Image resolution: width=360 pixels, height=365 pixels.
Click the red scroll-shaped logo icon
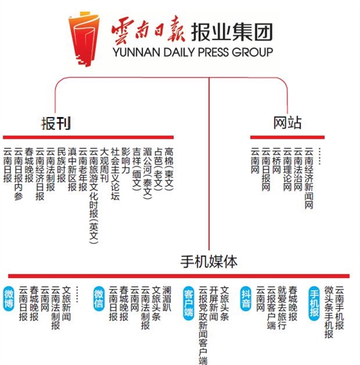click(x=84, y=39)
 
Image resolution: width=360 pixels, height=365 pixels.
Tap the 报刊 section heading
click(x=56, y=123)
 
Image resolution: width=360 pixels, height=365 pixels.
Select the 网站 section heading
click(x=287, y=122)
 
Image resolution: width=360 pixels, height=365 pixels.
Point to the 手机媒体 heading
click(x=209, y=261)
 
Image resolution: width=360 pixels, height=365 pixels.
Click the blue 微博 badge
click(x=9, y=299)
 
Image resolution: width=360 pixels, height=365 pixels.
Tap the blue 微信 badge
click(x=99, y=299)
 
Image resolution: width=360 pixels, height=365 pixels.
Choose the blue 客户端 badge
click(x=189, y=303)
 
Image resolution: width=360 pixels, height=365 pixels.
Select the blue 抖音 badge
click(x=245, y=299)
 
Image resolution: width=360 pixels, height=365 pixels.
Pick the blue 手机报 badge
click(x=314, y=303)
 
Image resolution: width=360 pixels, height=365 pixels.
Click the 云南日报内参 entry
click(x=18, y=174)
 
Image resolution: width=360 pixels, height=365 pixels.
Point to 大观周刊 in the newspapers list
click(x=104, y=165)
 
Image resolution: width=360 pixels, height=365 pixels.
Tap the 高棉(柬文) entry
click(x=169, y=169)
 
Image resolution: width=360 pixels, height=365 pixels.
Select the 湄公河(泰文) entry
click(x=147, y=173)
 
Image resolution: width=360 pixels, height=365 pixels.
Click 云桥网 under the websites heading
click(x=276, y=161)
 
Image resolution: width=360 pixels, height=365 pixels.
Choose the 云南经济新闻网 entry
click(x=309, y=178)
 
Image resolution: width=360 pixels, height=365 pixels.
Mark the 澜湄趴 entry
click(x=167, y=299)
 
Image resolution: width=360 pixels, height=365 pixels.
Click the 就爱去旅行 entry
click(x=282, y=307)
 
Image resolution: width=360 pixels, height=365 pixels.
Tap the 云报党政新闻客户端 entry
click(x=203, y=325)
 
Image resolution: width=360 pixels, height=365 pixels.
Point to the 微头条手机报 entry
click(x=329, y=312)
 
